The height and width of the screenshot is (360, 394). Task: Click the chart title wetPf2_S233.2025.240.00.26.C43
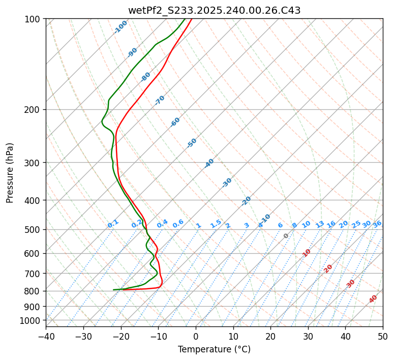[x=214, y=10]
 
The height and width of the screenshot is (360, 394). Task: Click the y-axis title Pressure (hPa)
[x=10, y=173]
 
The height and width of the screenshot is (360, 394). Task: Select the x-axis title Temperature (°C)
[x=214, y=350]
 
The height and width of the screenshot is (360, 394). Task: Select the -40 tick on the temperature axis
[x=46, y=337]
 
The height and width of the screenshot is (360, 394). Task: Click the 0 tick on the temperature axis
[x=196, y=337]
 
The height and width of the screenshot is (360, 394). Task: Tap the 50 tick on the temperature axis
[x=383, y=337]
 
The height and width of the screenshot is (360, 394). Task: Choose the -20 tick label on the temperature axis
[x=120, y=337]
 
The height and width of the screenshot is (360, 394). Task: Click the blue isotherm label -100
[x=120, y=27]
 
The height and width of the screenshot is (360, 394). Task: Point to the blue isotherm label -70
[x=160, y=100]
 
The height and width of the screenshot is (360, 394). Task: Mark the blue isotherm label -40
[x=209, y=163]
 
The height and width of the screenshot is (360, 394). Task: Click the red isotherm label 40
[x=373, y=299]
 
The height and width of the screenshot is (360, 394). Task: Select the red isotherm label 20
[x=328, y=268]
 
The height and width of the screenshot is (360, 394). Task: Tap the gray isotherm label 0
[x=286, y=236]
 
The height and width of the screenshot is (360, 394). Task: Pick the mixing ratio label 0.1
[x=113, y=223]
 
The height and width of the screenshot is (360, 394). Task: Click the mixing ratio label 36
[x=377, y=224]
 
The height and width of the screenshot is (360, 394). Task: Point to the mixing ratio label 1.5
[x=216, y=224]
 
